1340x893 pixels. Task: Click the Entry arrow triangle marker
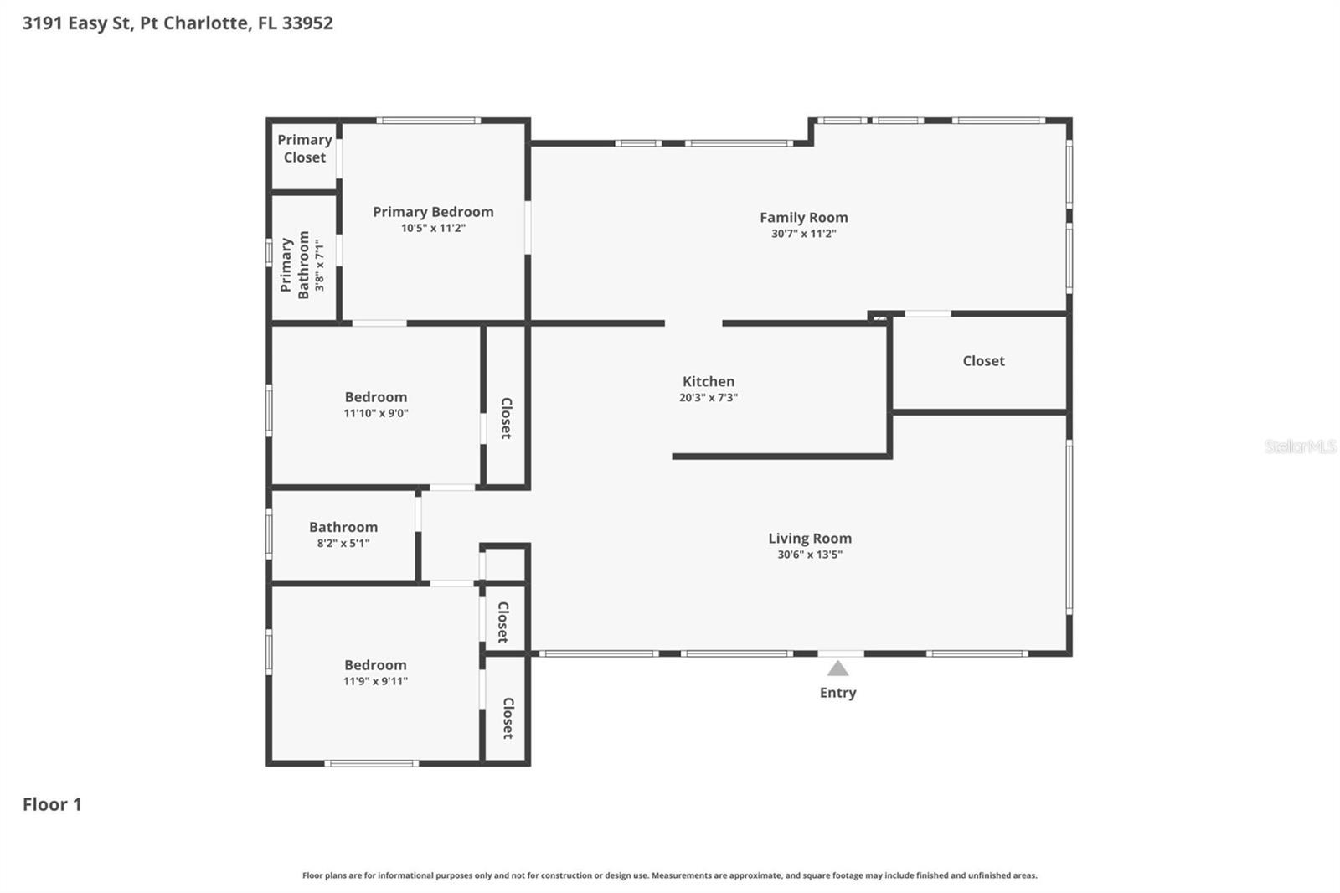(x=837, y=668)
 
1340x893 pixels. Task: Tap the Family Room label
(x=803, y=217)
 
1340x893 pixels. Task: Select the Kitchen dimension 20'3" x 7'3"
(x=708, y=398)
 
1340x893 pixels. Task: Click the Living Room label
(x=809, y=538)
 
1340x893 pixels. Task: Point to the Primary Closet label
(x=304, y=148)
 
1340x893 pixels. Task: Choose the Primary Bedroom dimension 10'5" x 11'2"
(x=432, y=228)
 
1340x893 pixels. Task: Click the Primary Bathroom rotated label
(x=295, y=265)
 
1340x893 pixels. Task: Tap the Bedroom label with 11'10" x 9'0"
(x=375, y=396)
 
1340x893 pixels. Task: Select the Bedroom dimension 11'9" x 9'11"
(x=375, y=681)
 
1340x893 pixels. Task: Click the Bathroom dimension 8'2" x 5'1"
(x=343, y=543)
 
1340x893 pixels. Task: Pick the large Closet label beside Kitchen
(x=982, y=360)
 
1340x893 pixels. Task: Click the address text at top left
(x=178, y=23)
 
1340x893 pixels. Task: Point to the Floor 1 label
(x=52, y=804)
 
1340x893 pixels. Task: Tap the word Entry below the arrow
(x=837, y=692)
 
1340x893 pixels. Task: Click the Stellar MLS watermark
(x=1299, y=446)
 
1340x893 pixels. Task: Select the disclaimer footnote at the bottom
(x=669, y=875)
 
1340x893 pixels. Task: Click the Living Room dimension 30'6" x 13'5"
(x=809, y=555)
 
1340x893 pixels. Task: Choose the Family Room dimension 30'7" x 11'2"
(x=803, y=234)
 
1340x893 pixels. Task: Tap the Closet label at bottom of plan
(x=507, y=718)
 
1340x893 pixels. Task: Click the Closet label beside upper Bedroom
(x=506, y=418)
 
